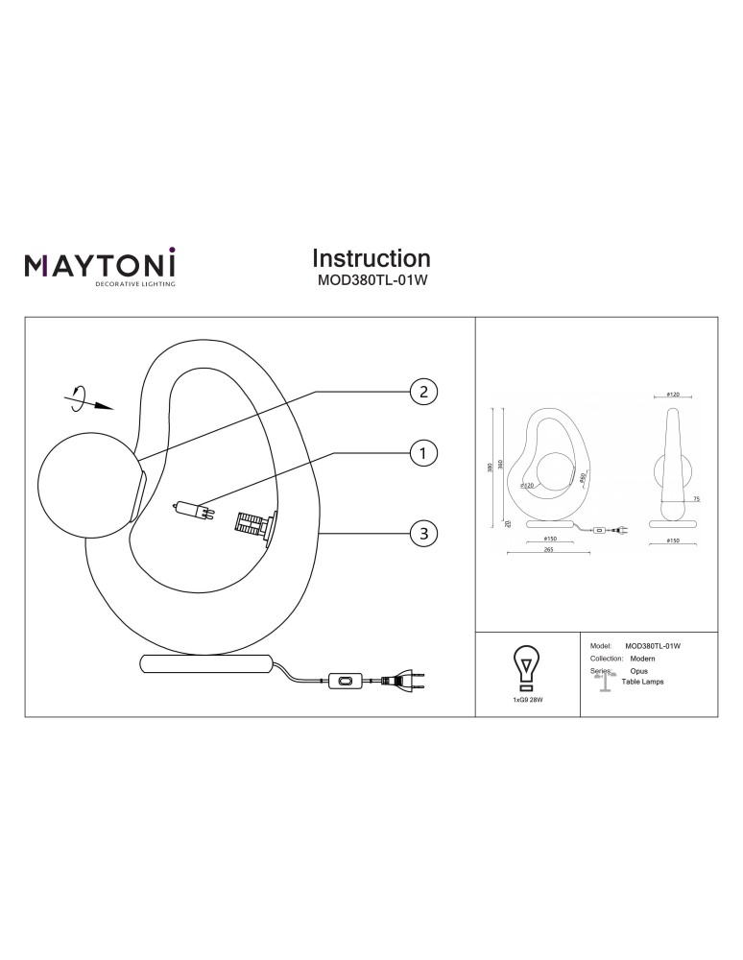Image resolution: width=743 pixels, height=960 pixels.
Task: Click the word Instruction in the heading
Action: click(x=371, y=258)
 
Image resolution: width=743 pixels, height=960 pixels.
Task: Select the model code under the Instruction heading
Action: click(x=371, y=282)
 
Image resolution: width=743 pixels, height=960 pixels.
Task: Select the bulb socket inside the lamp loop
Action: click(x=252, y=524)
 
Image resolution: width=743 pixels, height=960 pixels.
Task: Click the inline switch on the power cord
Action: click(x=345, y=682)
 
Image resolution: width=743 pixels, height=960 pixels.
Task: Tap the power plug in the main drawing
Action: click(x=403, y=683)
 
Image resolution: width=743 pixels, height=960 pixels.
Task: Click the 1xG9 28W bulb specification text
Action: click(x=526, y=702)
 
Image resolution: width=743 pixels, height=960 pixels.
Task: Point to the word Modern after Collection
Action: click(x=642, y=660)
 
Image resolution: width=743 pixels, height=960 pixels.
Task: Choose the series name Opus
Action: click(x=638, y=671)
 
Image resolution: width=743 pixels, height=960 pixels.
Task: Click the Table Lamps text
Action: click(x=642, y=682)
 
